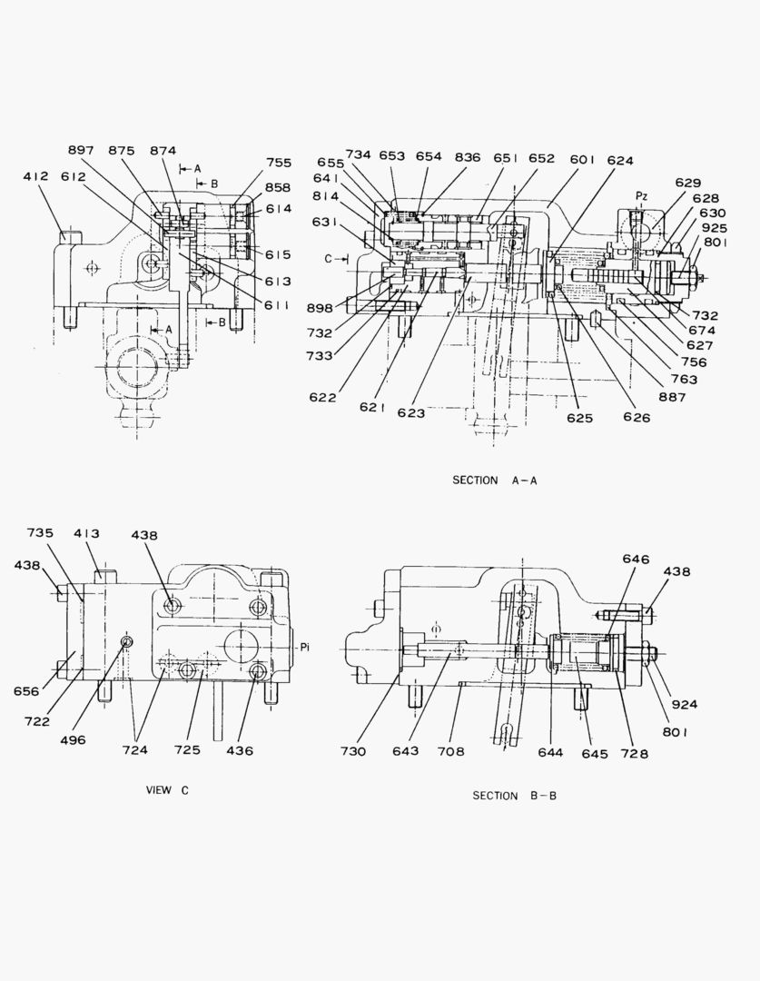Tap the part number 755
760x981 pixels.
click(279, 163)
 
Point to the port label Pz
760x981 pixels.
click(642, 195)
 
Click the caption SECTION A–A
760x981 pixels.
click(495, 481)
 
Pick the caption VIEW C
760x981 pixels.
click(168, 790)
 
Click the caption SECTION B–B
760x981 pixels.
click(515, 796)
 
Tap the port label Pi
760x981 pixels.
click(305, 647)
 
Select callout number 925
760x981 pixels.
click(715, 228)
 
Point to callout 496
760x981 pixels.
click(73, 739)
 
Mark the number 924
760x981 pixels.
click(686, 704)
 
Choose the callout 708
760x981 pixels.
click(450, 751)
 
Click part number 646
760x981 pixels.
click(636, 560)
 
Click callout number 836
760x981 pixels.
click(468, 156)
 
